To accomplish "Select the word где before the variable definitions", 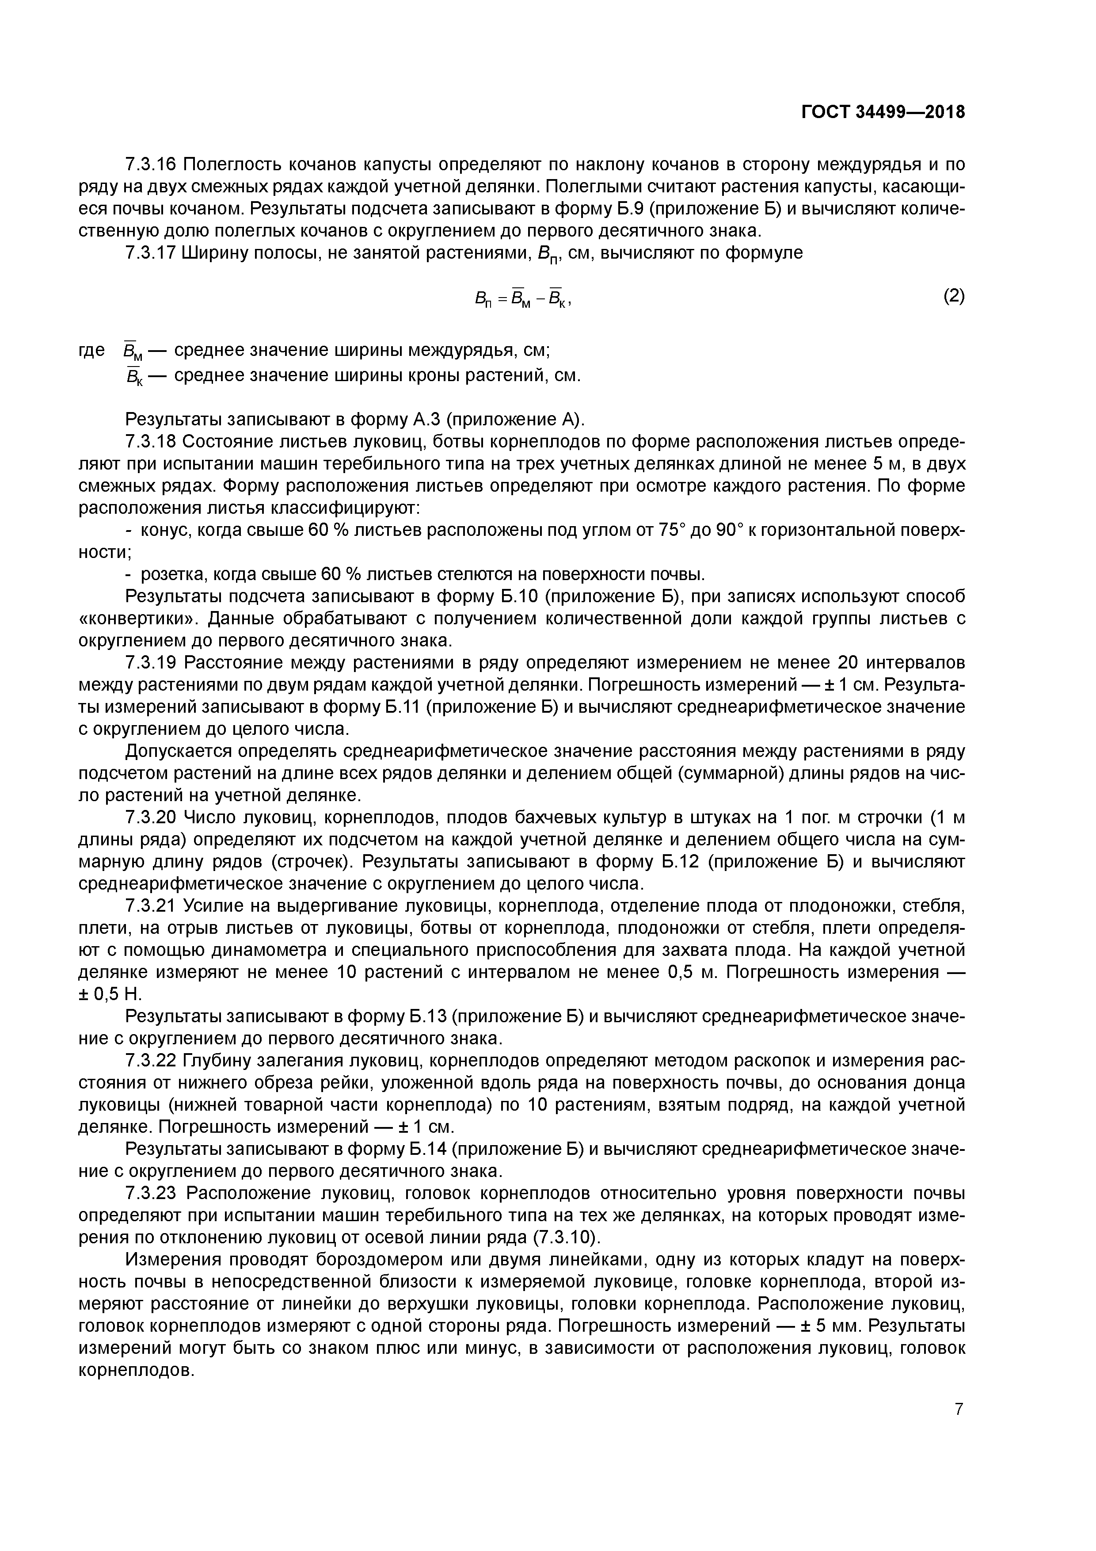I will [92, 350].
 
